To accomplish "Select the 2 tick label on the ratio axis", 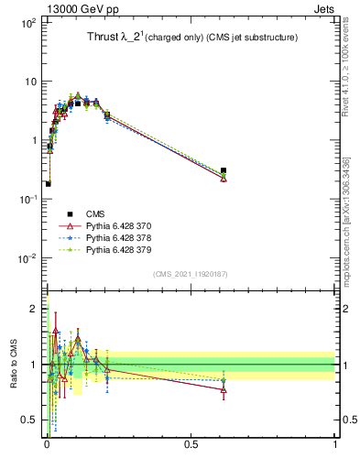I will pos(34,309).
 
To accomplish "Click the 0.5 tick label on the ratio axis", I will pos(29,420).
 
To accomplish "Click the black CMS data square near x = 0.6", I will pos(224,170).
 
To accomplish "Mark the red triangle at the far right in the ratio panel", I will pos(224,389).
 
